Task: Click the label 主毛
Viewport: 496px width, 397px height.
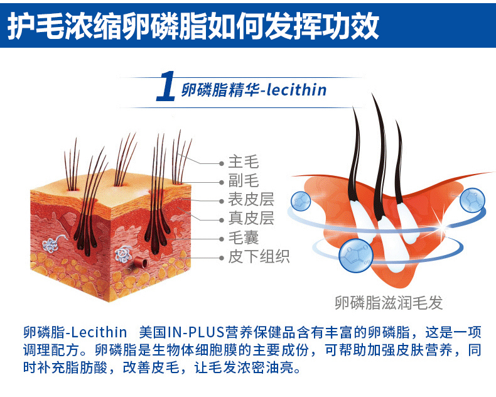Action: pos(243,162)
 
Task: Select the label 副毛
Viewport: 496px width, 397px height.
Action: pos(243,181)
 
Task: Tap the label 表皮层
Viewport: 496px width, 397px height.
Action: pos(251,200)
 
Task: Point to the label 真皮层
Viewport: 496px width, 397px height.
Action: pos(251,219)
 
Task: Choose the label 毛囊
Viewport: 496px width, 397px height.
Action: pos(243,237)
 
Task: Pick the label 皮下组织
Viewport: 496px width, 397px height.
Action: pos(259,256)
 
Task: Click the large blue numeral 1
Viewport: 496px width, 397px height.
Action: pos(166,86)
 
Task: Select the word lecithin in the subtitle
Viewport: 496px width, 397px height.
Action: pos(296,90)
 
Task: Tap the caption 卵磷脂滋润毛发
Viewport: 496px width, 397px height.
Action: pos(389,303)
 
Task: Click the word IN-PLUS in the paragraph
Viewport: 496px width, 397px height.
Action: pos(195,332)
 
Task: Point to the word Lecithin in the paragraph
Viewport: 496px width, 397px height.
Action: pos(99,332)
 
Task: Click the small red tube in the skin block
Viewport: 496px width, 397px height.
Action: pos(141,263)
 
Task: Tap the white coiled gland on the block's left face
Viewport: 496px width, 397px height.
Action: pos(51,244)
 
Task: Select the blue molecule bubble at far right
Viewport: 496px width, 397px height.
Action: pos(472,200)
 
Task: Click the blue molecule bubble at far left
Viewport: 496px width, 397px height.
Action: pos(301,201)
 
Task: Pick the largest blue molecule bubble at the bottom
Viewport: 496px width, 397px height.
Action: pos(355,255)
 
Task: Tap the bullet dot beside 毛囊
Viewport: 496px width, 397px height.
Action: pos(222,239)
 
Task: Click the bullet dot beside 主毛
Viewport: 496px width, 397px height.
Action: pos(222,163)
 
